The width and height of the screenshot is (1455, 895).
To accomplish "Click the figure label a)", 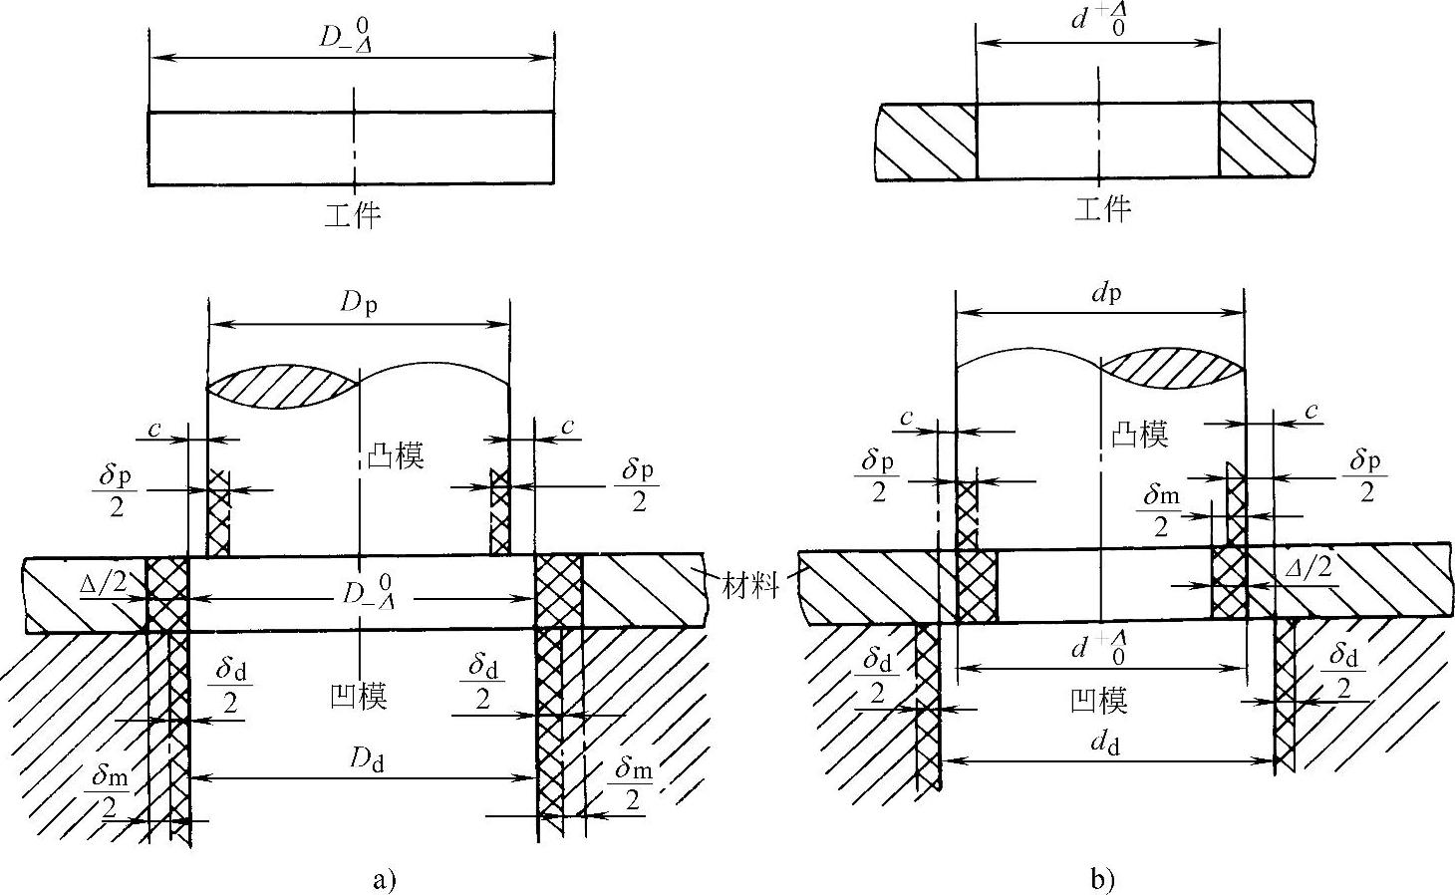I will (384, 880).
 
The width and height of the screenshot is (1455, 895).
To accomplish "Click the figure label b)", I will (1102, 880).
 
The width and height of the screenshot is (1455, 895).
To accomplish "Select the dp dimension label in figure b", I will (1099, 293).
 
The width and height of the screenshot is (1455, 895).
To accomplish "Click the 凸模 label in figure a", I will (396, 456).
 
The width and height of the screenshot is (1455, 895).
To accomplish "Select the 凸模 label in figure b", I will (1139, 434).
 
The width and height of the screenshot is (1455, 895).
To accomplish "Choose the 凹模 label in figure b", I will (1098, 700).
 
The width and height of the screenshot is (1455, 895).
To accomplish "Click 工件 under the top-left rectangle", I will (353, 215).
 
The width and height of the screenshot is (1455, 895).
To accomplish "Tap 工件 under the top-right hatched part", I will (1103, 208).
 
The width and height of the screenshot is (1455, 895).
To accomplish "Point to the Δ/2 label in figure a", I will (104, 583).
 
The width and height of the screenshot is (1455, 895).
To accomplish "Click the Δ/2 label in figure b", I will (1309, 568).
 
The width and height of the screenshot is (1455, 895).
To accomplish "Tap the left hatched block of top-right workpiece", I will (924, 141).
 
